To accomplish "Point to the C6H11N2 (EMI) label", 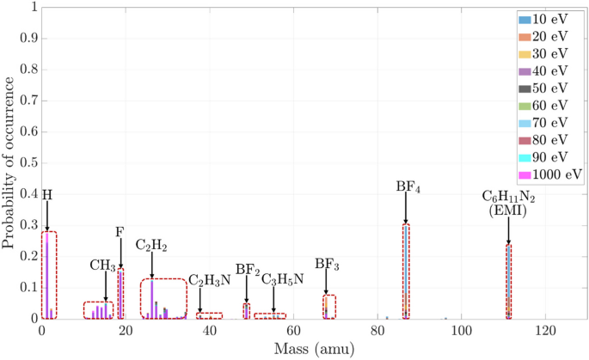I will tap(508, 203).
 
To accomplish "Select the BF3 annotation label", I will tap(327, 264).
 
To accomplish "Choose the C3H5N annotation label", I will tap(282, 279).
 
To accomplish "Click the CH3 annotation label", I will tap(102, 265).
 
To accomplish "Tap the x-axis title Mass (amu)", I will tap(314, 351).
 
